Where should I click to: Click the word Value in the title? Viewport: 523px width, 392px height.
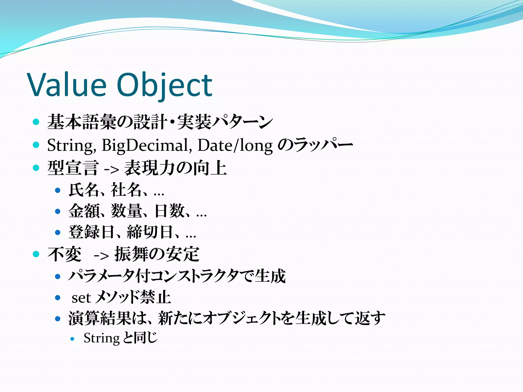[67, 85]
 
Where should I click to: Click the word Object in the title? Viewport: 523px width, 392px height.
[164, 85]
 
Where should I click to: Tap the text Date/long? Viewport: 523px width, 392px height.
[235, 145]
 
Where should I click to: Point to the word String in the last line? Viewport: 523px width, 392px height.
[101, 338]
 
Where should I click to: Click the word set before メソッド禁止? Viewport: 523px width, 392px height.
[81, 298]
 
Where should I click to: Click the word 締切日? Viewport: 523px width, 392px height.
[150, 232]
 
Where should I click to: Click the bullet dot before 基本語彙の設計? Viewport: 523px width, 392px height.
[36, 122]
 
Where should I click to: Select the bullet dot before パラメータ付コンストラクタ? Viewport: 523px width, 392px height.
[58, 277]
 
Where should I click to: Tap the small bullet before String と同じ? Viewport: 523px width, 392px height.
[73, 339]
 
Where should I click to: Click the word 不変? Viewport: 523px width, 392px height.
[64, 254]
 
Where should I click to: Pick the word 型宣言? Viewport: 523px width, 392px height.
[73, 168]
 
